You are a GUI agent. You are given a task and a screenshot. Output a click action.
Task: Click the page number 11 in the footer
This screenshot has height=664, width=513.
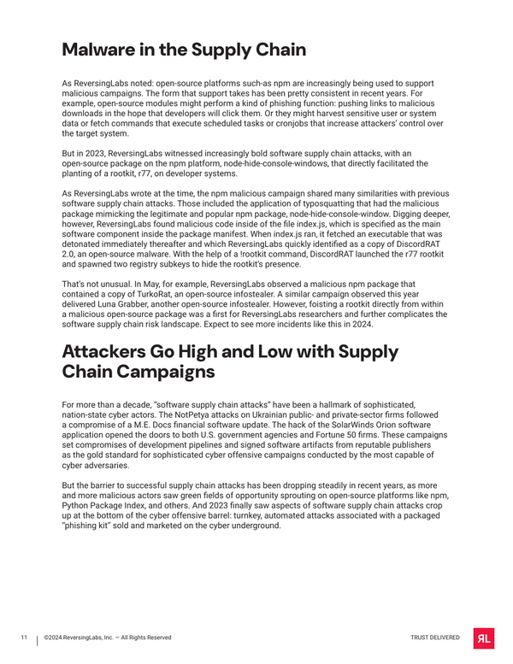click(25, 638)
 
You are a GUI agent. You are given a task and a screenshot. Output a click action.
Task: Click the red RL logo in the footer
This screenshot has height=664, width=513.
click(483, 638)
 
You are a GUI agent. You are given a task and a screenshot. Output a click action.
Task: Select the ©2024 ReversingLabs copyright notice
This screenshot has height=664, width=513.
click(108, 638)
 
